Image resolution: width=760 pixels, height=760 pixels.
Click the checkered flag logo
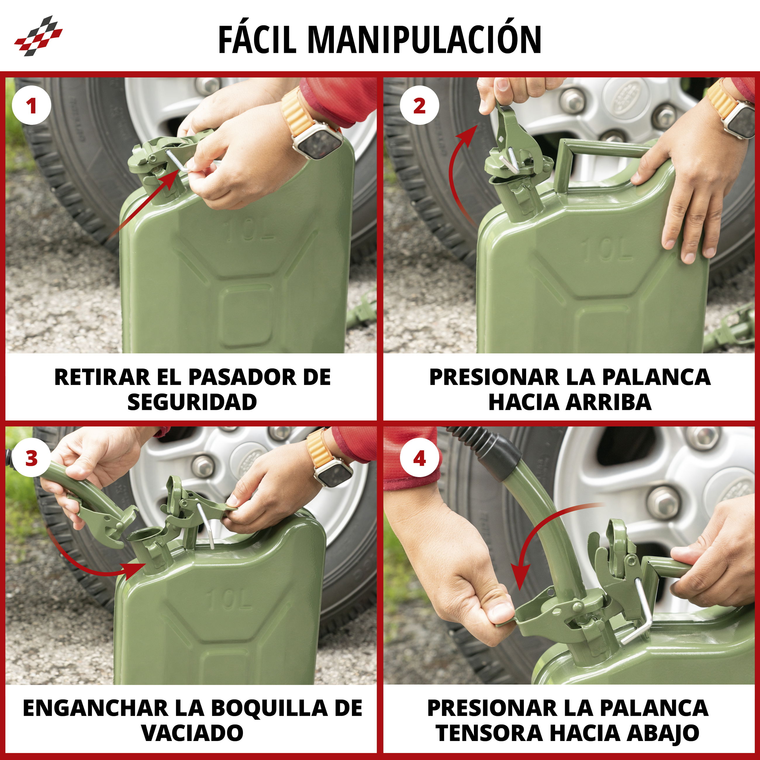39,36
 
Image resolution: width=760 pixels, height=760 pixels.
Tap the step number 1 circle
32,106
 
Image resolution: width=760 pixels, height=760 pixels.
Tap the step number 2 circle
419,106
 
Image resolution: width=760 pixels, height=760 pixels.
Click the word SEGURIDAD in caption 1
192,402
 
